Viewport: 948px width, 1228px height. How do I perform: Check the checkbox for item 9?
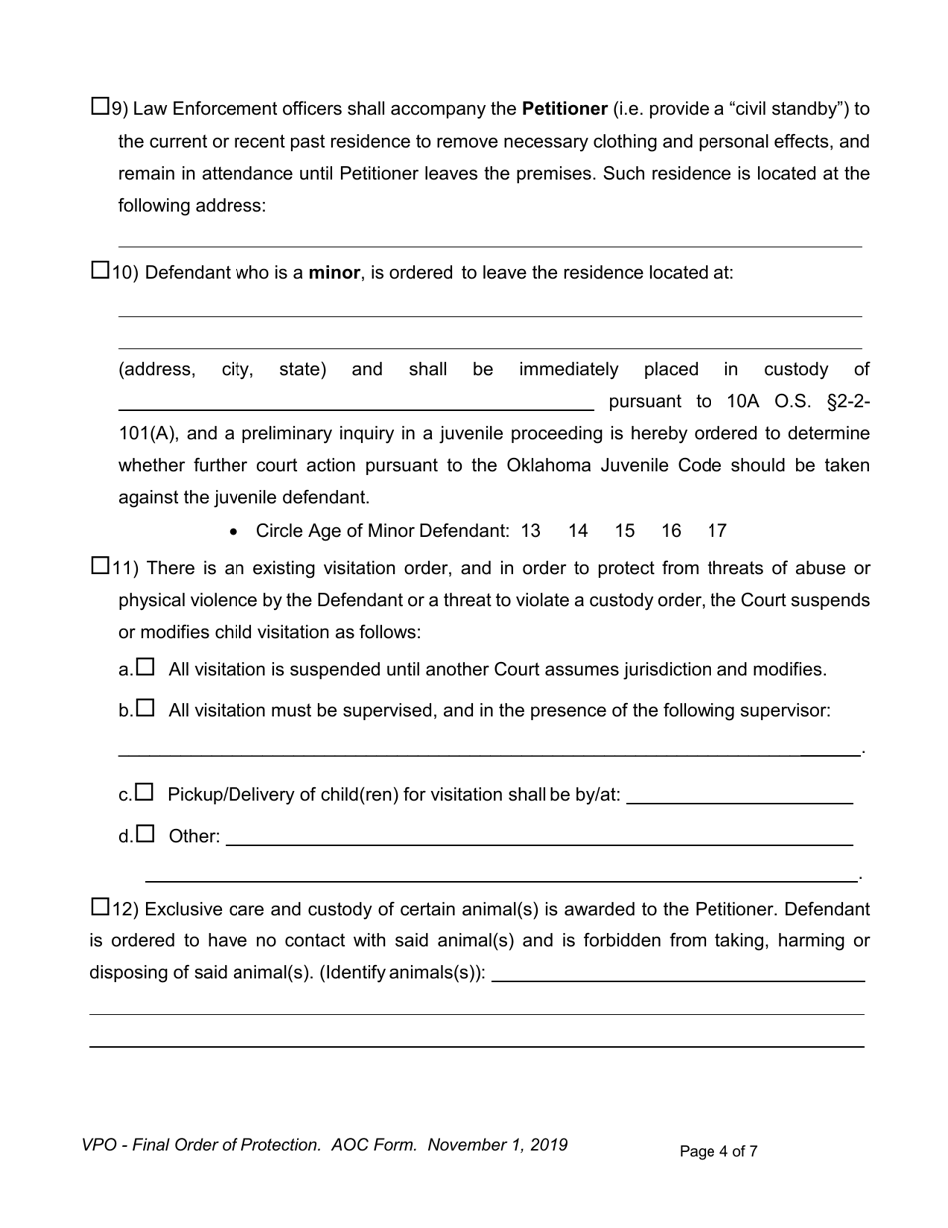pyautogui.click(x=100, y=105)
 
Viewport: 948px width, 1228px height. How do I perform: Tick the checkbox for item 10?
pyautogui.click(x=100, y=269)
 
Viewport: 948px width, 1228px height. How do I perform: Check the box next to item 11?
pyautogui.click(x=100, y=566)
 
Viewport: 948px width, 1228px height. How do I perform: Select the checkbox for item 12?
pyautogui.click(x=100, y=907)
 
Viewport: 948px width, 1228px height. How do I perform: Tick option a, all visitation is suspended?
pyautogui.click(x=146, y=666)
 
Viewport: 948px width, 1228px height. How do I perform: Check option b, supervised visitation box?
pyautogui.click(x=146, y=708)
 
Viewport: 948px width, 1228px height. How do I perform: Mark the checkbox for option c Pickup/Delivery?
pyautogui.click(x=145, y=792)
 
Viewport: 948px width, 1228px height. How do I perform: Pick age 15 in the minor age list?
pyautogui.click(x=624, y=531)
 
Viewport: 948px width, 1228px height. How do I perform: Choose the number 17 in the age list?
pyautogui.click(x=716, y=531)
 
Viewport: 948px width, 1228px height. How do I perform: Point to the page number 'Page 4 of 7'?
pyautogui.click(x=718, y=1151)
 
